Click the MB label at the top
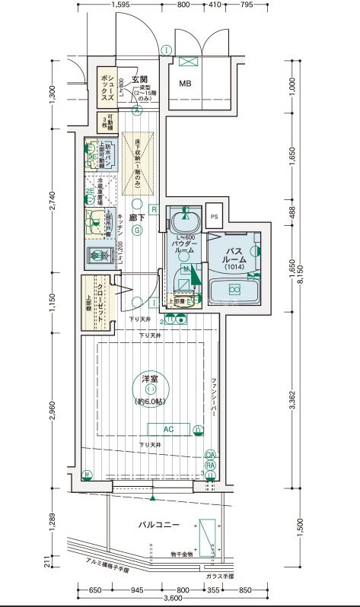coord(185,84)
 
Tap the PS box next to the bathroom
coord(214,216)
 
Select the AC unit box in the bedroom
coord(169,430)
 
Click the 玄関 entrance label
coord(139,79)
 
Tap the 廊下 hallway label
coord(137,218)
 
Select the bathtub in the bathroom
coord(234,290)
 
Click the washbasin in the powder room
coord(182,222)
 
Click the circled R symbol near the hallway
coord(154,208)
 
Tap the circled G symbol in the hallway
coord(134,233)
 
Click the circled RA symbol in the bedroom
coord(210,465)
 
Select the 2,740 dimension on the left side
coord(52,199)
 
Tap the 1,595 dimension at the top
coord(123,6)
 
